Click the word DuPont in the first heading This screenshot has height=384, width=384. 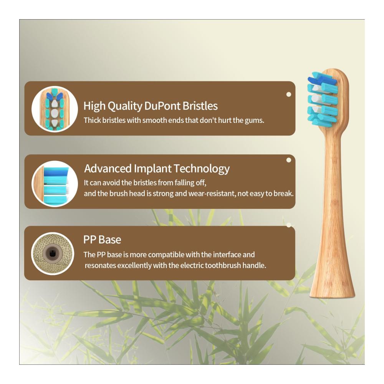[162, 106]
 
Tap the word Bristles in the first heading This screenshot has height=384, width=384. [200, 106]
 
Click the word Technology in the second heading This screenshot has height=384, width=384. [202, 169]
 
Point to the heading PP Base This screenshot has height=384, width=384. [102, 240]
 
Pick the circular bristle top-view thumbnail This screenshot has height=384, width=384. [55, 109]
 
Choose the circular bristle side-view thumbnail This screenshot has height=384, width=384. [55, 184]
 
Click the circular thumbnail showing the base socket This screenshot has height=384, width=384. [53, 253]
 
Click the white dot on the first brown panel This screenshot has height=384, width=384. [289, 94]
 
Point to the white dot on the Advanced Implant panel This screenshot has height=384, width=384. [289, 160]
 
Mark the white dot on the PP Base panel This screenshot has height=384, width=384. [289, 225]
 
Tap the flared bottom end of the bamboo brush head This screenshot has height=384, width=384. [332, 293]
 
